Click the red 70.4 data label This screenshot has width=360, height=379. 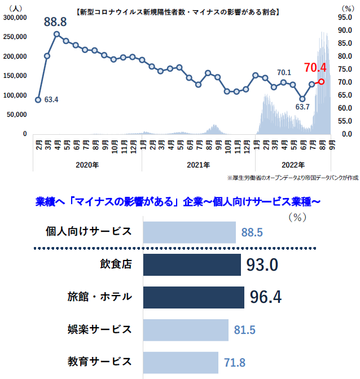(x=315, y=68)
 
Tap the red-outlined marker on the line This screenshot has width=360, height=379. (x=321, y=81)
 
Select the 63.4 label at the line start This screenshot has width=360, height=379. (x=51, y=100)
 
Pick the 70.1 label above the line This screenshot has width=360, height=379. (x=284, y=73)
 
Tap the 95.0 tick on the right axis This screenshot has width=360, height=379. (x=345, y=17)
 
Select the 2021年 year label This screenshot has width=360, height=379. (x=199, y=165)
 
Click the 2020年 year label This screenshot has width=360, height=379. (x=87, y=165)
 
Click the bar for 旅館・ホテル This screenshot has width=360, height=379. (x=194, y=297)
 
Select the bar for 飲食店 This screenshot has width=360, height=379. (x=192, y=265)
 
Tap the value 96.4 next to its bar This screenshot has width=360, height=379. (x=265, y=297)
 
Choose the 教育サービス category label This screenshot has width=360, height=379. (x=100, y=361)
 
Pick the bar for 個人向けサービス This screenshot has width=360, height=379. (x=189, y=232)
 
